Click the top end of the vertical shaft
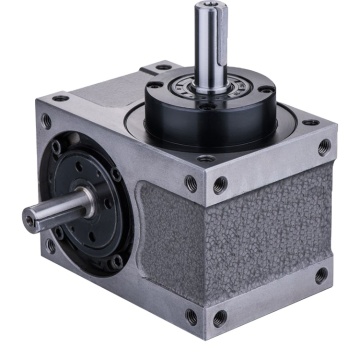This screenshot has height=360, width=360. coord(220,9)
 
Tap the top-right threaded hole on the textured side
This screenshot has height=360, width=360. coord(323,148)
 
